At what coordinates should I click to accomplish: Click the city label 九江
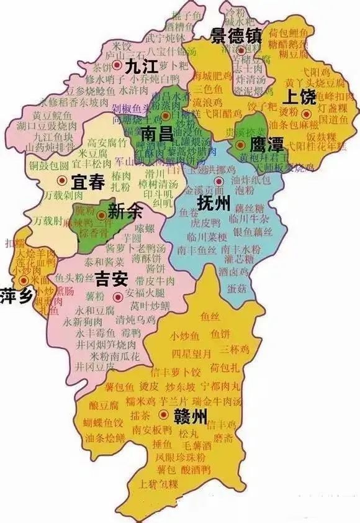(x=139, y=67)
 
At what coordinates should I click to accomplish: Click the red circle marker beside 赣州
(x=164, y=414)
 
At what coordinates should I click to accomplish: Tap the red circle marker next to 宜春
(x=61, y=180)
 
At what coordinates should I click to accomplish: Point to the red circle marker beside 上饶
(x=306, y=113)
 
